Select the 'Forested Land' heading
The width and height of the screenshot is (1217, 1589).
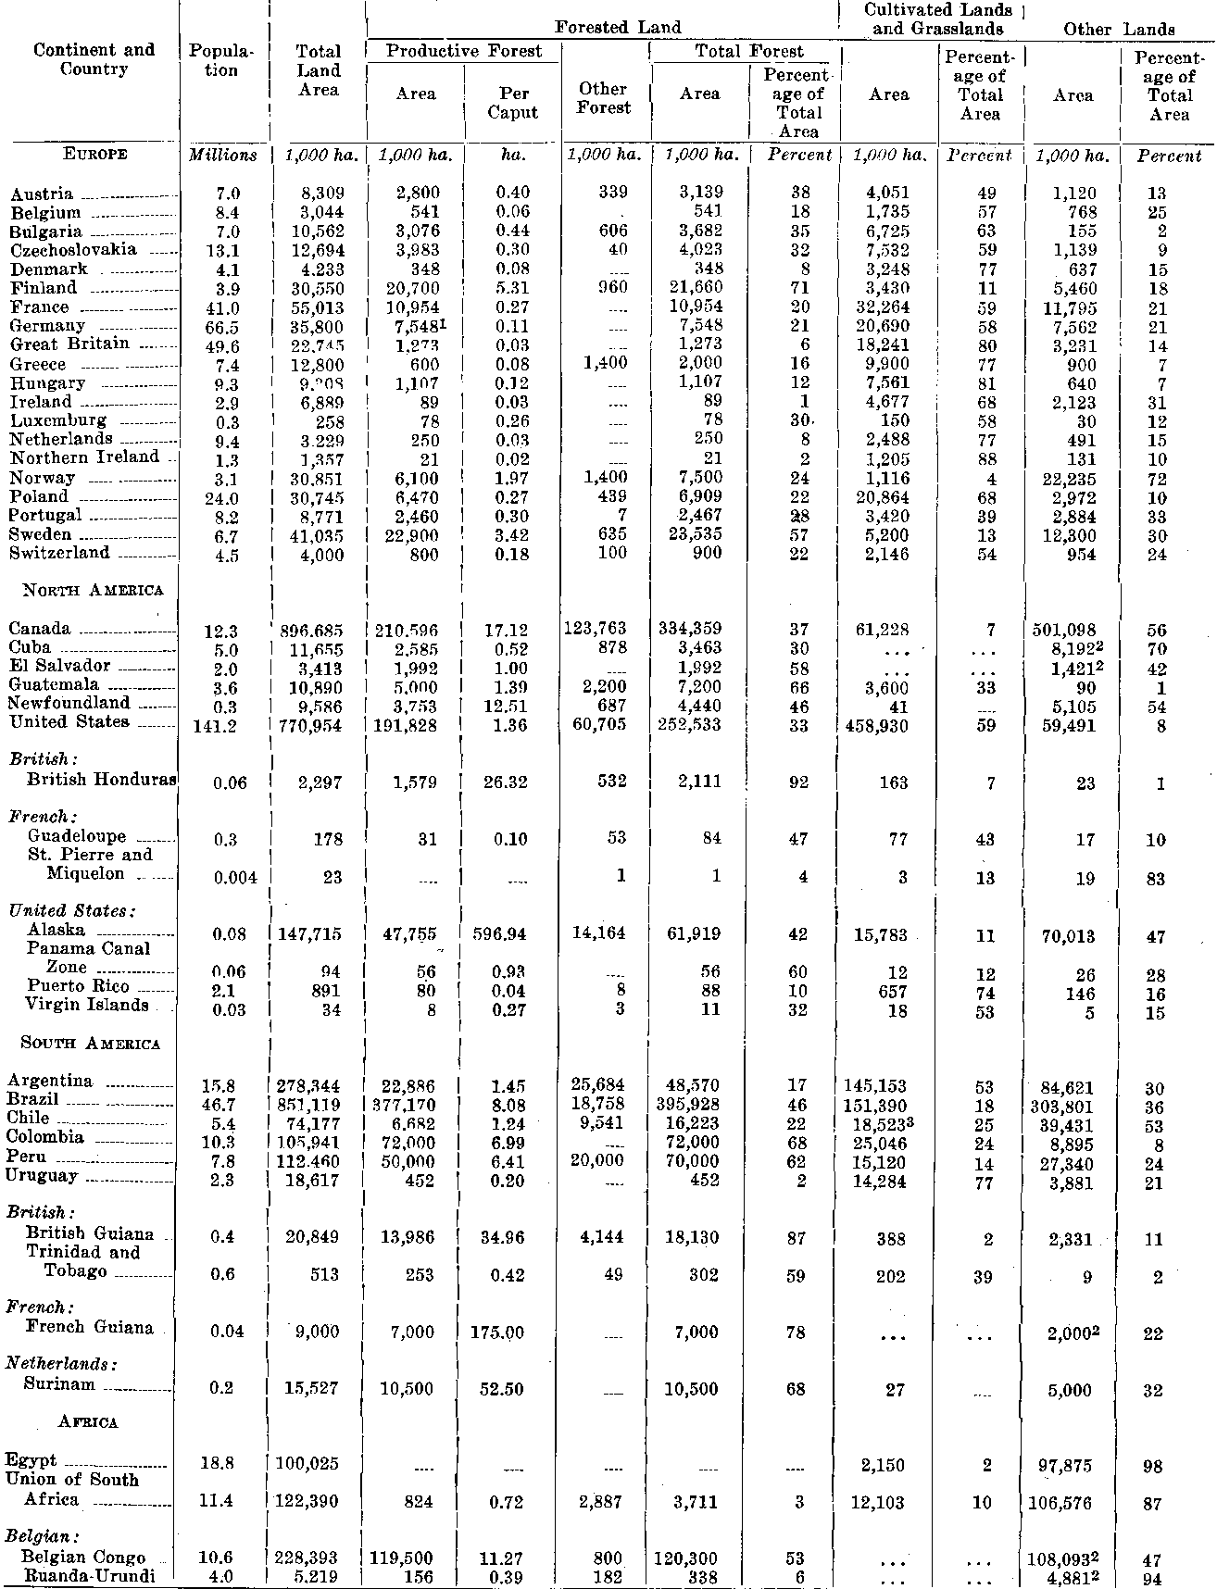pyautogui.click(x=618, y=28)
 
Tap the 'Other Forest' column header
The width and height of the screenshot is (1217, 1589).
pyautogui.click(x=603, y=98)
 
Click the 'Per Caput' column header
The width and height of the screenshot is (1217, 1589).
pyautogui.click(x=512, y=103)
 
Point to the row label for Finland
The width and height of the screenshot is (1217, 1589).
pyautogui.click(x=43, y=288)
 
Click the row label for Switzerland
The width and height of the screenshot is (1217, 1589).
pyautogui.click(x=60, y=553)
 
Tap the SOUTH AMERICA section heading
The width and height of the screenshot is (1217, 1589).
pyautogui.click(x=90, y=1044)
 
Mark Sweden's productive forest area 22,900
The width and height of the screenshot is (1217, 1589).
pyautogui.click(x=415, y=535)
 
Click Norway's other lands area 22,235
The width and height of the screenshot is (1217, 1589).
pyautogui.click(x=1073, y=479)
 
